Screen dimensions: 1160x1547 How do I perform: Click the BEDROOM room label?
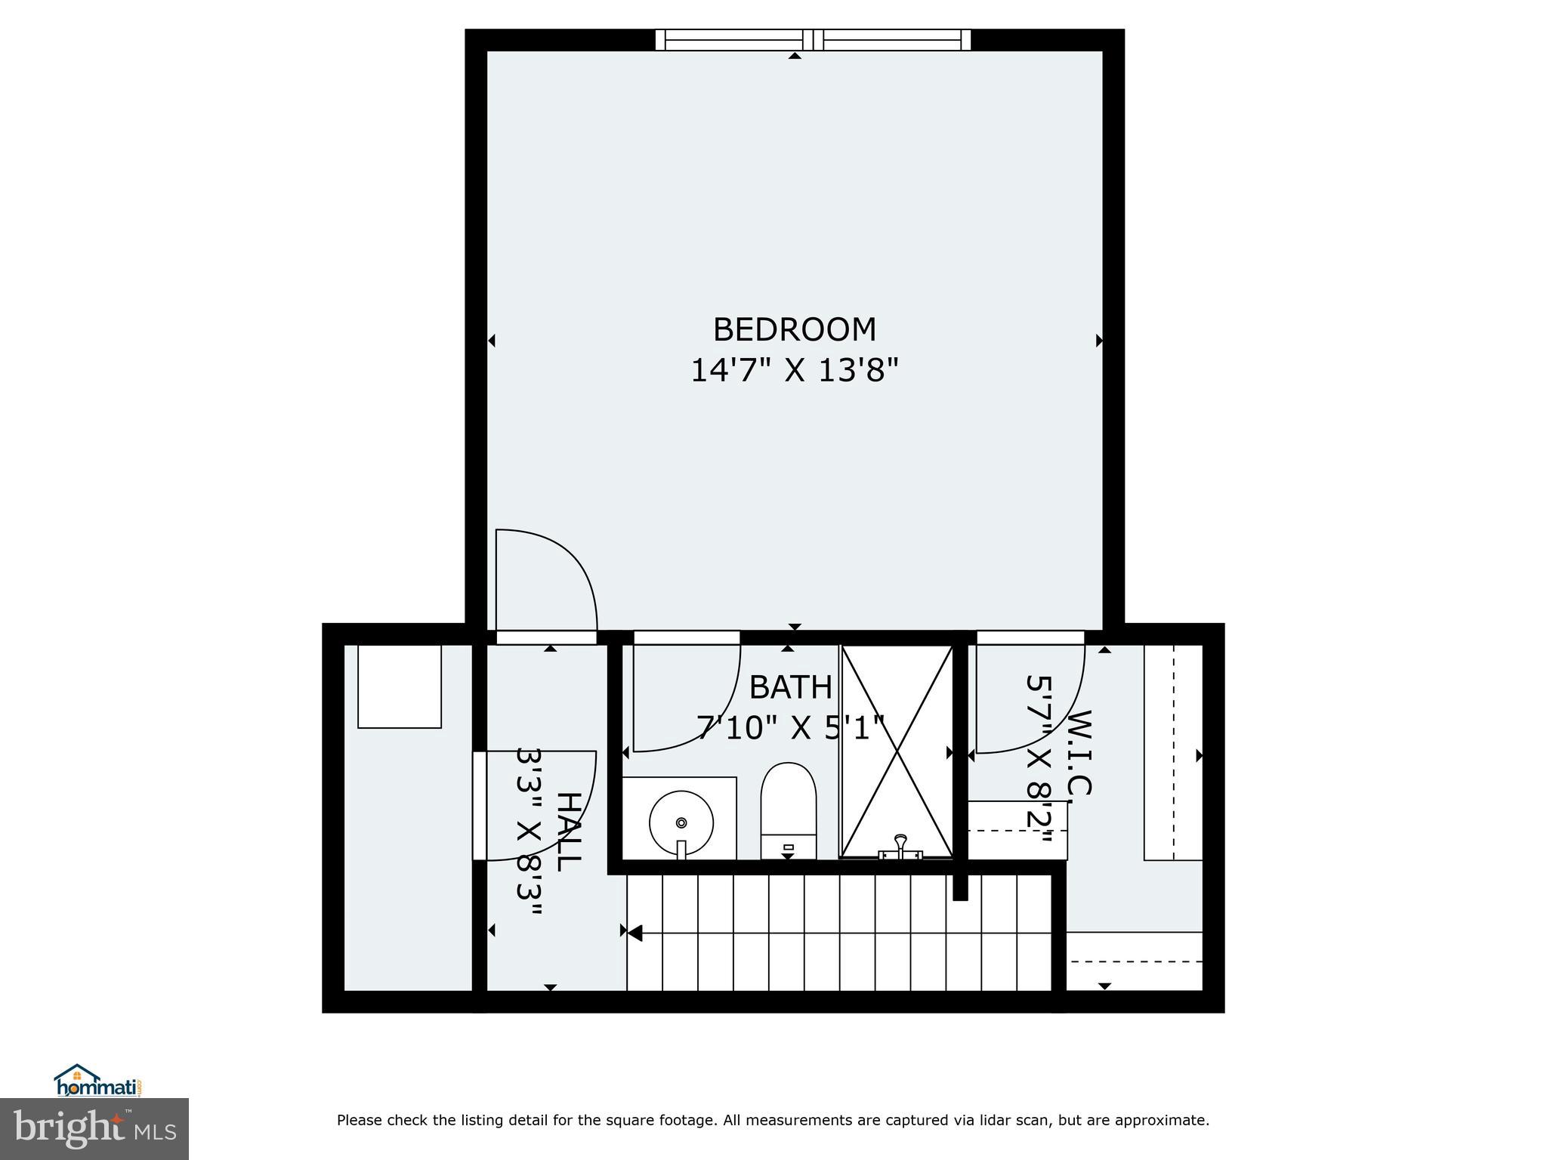(795, 330)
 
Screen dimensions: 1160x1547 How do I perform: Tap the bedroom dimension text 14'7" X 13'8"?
(795, 371)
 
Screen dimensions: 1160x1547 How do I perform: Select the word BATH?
(790, 687)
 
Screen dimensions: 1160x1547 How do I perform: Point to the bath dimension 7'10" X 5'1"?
(790, 729)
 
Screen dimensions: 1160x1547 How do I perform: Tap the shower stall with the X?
(897, 751)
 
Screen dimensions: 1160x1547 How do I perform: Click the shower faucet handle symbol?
(900, 845)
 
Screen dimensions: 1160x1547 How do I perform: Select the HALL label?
(569, 831)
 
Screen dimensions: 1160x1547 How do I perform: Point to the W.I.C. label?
(1080, 752)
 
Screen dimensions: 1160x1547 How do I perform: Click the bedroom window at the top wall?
(813, 40)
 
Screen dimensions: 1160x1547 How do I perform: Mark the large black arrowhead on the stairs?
(635, 933)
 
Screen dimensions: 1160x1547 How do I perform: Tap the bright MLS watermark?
(94, 1128)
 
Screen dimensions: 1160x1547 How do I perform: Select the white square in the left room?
(400, 686)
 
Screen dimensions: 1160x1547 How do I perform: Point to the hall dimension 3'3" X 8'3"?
(530, 831)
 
